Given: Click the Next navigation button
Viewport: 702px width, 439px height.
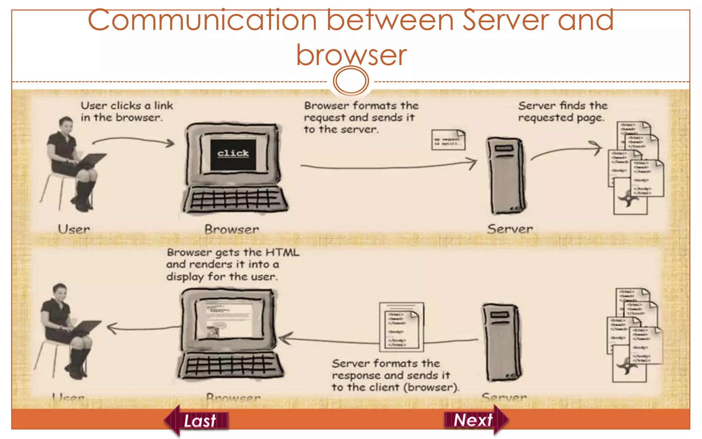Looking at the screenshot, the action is (474, 420).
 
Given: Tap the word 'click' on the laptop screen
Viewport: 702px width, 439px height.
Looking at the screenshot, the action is (233, 153).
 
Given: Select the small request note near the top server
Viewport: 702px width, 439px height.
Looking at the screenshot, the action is (448, 140).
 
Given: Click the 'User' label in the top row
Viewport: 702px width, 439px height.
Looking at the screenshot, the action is (74, 229).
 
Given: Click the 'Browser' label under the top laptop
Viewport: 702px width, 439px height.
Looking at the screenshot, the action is (232, 229).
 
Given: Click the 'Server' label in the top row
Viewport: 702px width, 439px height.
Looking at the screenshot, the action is (510, 229).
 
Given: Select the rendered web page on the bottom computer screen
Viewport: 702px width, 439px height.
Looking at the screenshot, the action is (229, 319).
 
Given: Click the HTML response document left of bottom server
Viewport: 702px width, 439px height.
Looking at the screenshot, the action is (401, 327).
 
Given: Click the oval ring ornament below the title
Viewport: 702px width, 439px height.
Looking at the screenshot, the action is (351, 81).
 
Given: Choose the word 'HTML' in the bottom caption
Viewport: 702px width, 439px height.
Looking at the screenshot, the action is (282, 252).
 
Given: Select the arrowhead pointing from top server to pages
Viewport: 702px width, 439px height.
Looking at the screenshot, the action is (597, 148).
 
